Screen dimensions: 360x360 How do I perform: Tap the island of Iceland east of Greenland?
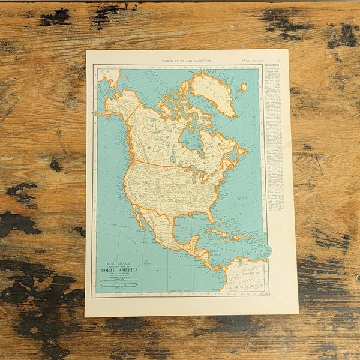243,87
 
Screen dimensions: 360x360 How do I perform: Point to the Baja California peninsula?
137,216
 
